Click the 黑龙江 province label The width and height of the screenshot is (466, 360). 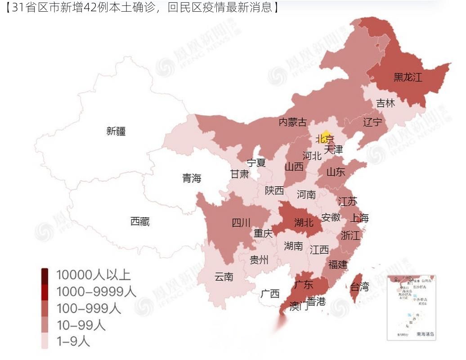(408, 77)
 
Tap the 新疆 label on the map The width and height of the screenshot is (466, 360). (116, 131)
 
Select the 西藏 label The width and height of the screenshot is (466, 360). (140, 221)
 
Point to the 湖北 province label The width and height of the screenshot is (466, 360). (304, 222)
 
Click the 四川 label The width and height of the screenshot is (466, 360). (241, 222)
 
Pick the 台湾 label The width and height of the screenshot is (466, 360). (359, 287)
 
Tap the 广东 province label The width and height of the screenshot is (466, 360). (304, 284)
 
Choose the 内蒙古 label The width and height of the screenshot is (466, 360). (293, 122)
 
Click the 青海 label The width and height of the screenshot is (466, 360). (192, 178)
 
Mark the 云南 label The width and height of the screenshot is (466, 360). (224, 277)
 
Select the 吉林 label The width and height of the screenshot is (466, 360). (385, 103)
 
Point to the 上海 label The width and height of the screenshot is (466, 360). (359, 218)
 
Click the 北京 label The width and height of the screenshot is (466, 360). (325, 139)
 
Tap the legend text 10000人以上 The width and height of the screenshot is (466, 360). (93, 274)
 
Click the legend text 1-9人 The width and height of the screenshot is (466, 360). (73, 342)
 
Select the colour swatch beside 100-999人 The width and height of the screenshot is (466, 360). (45, 308)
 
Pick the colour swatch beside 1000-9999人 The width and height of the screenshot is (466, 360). (45, 292)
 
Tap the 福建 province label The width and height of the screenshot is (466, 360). (338, 265)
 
